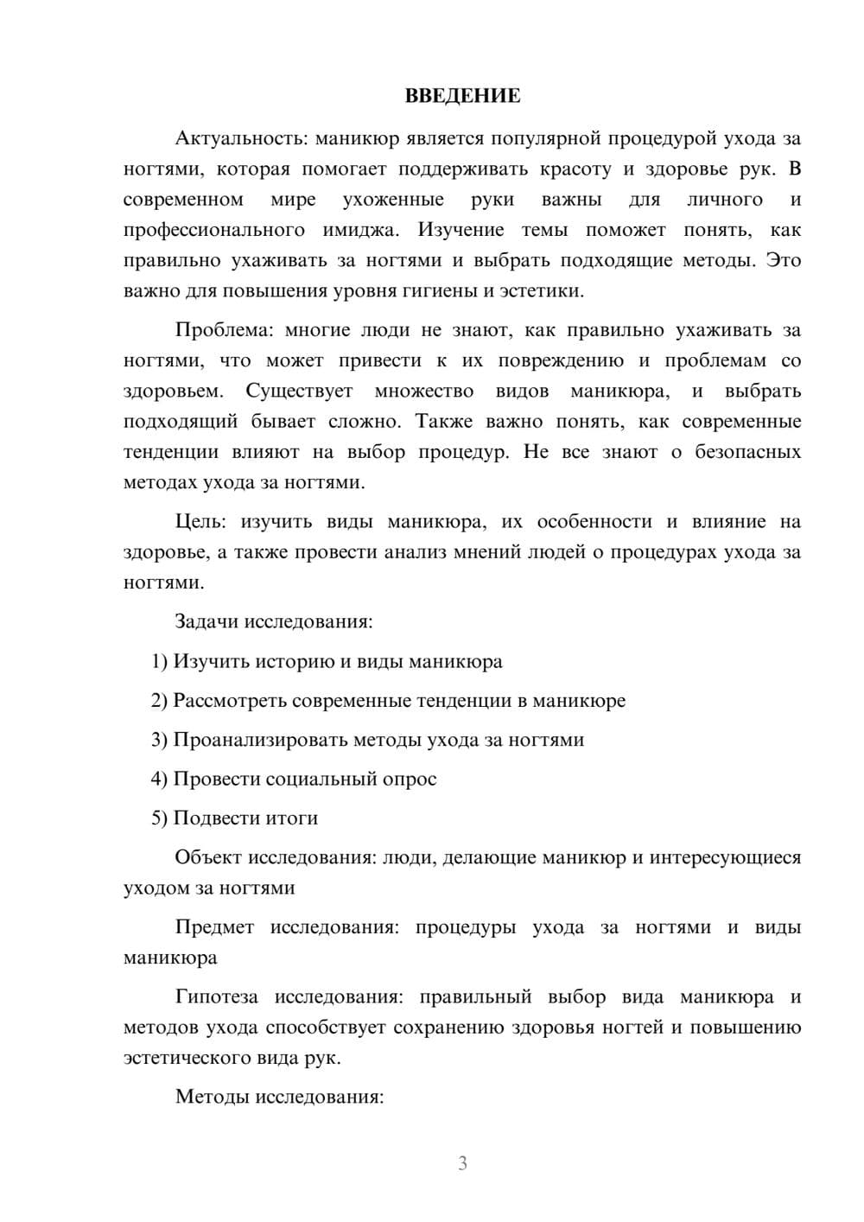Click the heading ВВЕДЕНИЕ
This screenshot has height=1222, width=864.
pos(462,96)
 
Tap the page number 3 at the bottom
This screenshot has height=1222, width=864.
pos(462,1163)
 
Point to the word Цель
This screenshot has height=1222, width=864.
pos(200,521)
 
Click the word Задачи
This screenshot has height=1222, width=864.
pos(207,621)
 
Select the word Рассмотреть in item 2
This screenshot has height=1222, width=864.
pos(230,700)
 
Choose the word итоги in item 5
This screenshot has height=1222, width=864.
pos(293,818)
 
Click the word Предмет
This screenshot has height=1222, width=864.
pos(214,927)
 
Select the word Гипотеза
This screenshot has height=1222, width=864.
pos(216,996)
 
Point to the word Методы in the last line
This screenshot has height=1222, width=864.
pos(210,1097)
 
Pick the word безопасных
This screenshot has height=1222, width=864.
pos(747,452)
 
